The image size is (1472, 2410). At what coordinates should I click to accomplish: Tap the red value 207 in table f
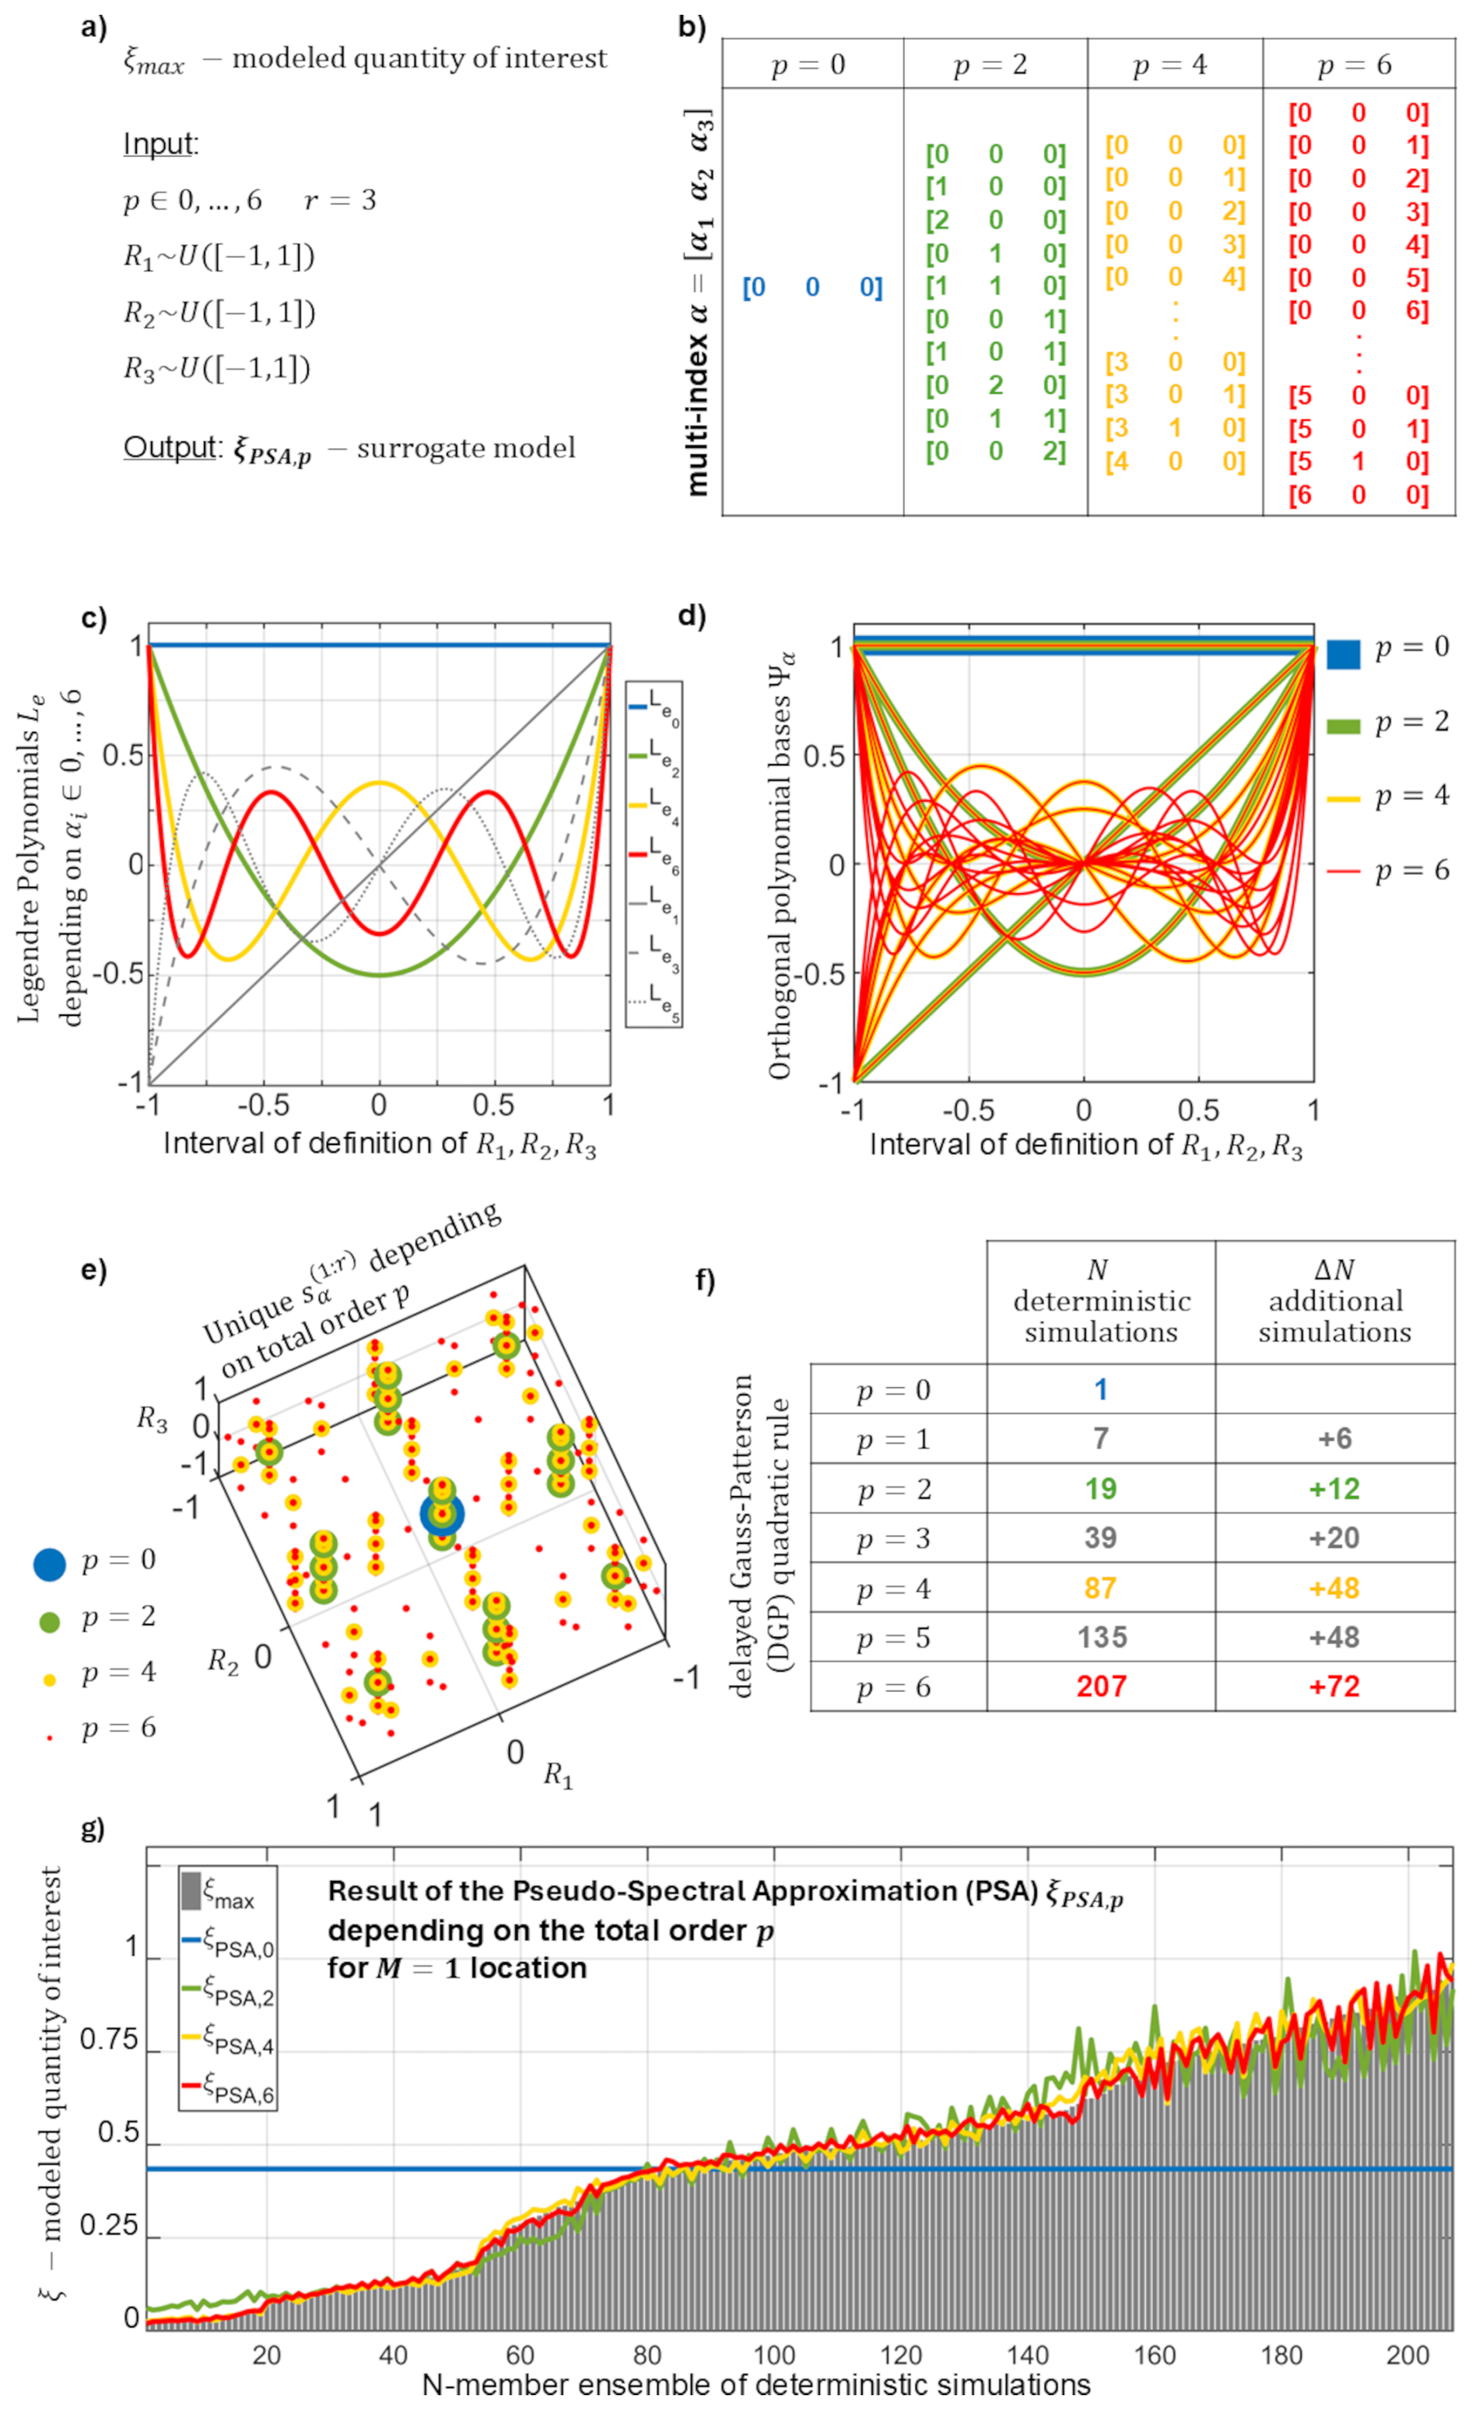tap(1102, 1687)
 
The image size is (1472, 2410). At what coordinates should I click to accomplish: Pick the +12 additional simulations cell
tap(1334, 1489)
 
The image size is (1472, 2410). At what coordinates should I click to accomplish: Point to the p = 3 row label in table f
tap(894, 1539)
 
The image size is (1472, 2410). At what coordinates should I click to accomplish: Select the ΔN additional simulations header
tap(1334, 1301)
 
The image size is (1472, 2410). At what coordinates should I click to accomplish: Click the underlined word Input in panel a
tap(159, 144)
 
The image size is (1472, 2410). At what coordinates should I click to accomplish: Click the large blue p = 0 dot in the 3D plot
tap(442, 1513)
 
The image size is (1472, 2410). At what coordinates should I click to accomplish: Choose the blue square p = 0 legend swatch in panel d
tap(1343, 653)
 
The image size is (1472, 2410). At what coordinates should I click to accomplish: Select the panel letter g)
tap(93, 1828)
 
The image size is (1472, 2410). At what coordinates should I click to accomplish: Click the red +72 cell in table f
tap(1334, 1687)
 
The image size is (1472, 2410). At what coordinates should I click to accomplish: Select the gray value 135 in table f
tap(1102, 1638)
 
